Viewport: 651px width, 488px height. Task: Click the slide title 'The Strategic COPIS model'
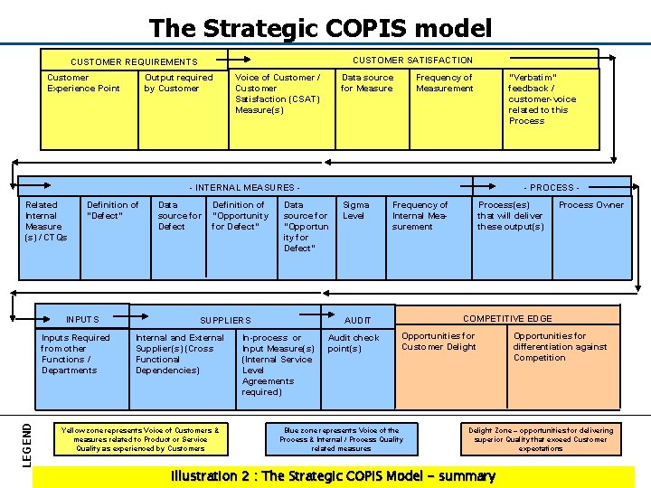pyautogui.click(x=320, y=28)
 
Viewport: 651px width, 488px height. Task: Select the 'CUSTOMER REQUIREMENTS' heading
pyautogui.click(x=134, y=62)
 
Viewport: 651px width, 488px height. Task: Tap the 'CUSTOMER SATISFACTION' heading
pyautogui.click(x=412, y=61)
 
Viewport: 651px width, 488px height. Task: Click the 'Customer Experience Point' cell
pyautogui.click(x=83, y=83)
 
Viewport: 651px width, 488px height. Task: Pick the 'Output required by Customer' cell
pyautogui.click(x=178, y=83)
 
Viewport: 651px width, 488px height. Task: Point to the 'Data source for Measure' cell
pyautogui.click(x=367, y=83)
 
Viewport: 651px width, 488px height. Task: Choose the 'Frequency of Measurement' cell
pyautogui.click(x=444, y=83)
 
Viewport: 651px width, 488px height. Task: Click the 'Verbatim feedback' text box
pyautogui.click(x=542, y=99)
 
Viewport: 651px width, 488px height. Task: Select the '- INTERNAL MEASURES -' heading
pyautogui.click(x=244, y=188)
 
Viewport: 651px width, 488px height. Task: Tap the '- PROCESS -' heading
pyautogui.click(x=551, y=188)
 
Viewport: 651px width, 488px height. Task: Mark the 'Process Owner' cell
pyautogui.click(x=591, y=205)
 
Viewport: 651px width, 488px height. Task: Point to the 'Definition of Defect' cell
pyautogui.click(x=112, y=211)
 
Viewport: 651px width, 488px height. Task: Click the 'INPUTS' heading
pyautogui.click(x=82, y=320)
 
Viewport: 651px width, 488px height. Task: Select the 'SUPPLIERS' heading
pyautogui.click(x=225, y=321)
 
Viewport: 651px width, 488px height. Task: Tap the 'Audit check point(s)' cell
pyautogui.click(x=354, y=343)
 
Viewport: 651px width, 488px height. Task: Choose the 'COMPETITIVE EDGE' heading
pyautogui.click(x=506, y=319)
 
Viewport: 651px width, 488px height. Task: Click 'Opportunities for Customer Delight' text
pyautogui.click(x=439, y=342)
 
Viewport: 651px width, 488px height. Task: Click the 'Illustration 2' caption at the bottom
pyautogui.click(x=333, y=476)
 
